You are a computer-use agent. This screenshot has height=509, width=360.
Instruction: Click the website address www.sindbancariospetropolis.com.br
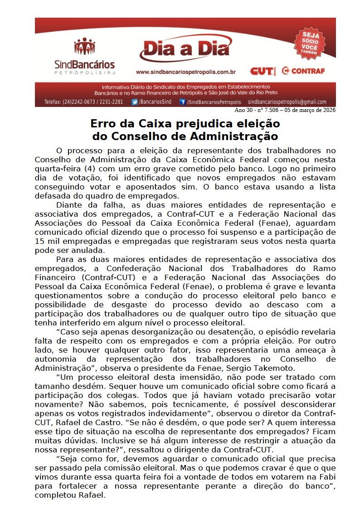(x=185, y=72)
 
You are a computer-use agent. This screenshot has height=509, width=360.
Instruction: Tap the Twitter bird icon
(x=135, y=102)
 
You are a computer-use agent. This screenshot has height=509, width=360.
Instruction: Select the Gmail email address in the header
(x=287, y=102)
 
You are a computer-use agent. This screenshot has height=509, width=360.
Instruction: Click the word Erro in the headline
(x=103, y=124)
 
